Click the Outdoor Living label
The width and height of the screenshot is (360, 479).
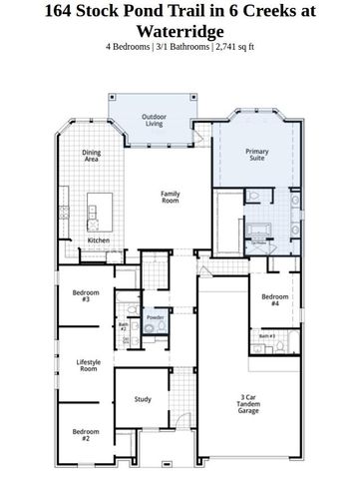(153, 120)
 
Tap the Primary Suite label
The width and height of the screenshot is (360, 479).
(257, 155)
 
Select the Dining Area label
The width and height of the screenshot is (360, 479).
(91, 156)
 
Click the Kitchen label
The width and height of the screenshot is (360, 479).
(98, 240)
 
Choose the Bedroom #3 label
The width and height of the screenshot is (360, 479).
(85, 295)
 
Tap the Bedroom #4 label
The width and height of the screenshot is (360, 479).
(275, 299)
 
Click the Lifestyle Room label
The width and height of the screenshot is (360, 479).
(88, 365)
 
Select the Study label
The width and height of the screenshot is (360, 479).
(143, 400)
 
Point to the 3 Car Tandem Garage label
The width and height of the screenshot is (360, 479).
(249, 403)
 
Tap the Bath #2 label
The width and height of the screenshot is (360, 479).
(124, 325)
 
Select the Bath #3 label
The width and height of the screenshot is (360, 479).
(267, 336)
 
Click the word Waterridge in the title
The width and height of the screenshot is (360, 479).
(180, 30)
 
